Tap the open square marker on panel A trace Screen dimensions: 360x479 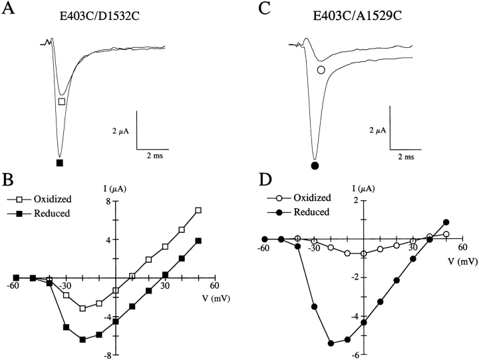[62, 102]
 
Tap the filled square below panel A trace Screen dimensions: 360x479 [60, 162]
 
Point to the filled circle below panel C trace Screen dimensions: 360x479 [315, 164]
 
